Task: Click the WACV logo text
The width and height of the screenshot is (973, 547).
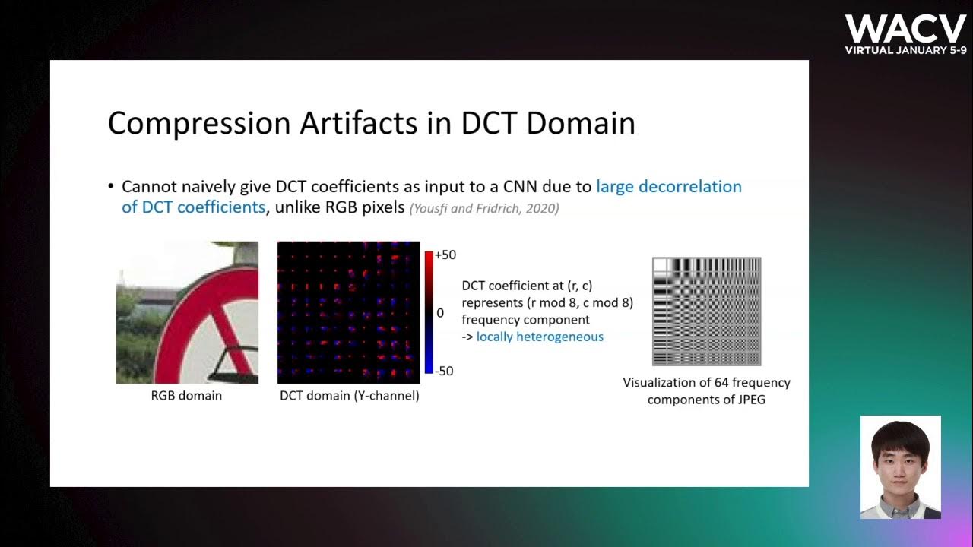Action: pyautogui.click(x=905, y=29)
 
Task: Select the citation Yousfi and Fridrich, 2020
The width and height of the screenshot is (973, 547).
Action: pyautogui.click(x=484, y=208)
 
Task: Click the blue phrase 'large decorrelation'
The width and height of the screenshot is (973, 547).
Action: pyautogui.click(x=668, y=186)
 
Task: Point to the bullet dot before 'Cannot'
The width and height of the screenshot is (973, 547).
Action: pyautogui.click(x=112, y=187)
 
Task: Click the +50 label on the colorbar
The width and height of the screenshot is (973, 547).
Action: pyautogui.click(x=445, y=255)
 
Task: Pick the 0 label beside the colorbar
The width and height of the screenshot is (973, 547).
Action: pyautogui.click(x=440, y=313)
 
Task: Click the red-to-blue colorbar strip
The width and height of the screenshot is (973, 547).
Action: pyautogui.click(x=429, y=312)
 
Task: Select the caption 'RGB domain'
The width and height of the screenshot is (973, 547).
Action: pyautogui.click(x=186, y=395)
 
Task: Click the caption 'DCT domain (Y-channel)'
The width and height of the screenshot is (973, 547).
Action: pyautogui.click(x=349, y=395)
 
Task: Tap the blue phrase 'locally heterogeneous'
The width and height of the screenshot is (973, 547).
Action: pyautogui.click(x=540, y=337)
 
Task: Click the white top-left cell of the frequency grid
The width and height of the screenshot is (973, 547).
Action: pyautogui.click(x=660, y=265)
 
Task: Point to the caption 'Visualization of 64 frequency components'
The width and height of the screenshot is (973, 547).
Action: pyautogui.click(x=706, y=390)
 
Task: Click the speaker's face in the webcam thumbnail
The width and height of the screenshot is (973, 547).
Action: pyautogui.click(x=900, y=460)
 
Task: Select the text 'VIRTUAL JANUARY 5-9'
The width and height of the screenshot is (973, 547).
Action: pyautogui.click(x=905, y=50)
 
